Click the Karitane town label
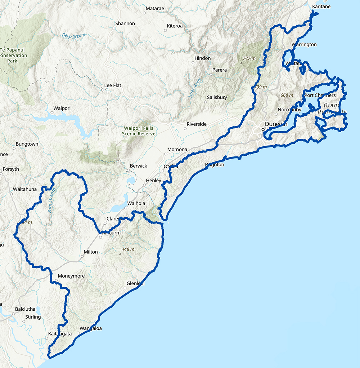click(321, 7)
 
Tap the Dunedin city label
click(277, 124)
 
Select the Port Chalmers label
click(320, 96)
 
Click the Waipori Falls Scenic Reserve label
click(140, 131)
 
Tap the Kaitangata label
click(60, 334)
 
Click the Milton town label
click(91, 252)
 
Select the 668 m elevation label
click(287, 95)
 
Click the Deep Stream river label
click(73, 36)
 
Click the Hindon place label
click(202, 58)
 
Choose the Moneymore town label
click(71, 276)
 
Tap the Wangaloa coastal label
click(91, 328)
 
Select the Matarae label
click(155, 8)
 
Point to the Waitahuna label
click(25, 189)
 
